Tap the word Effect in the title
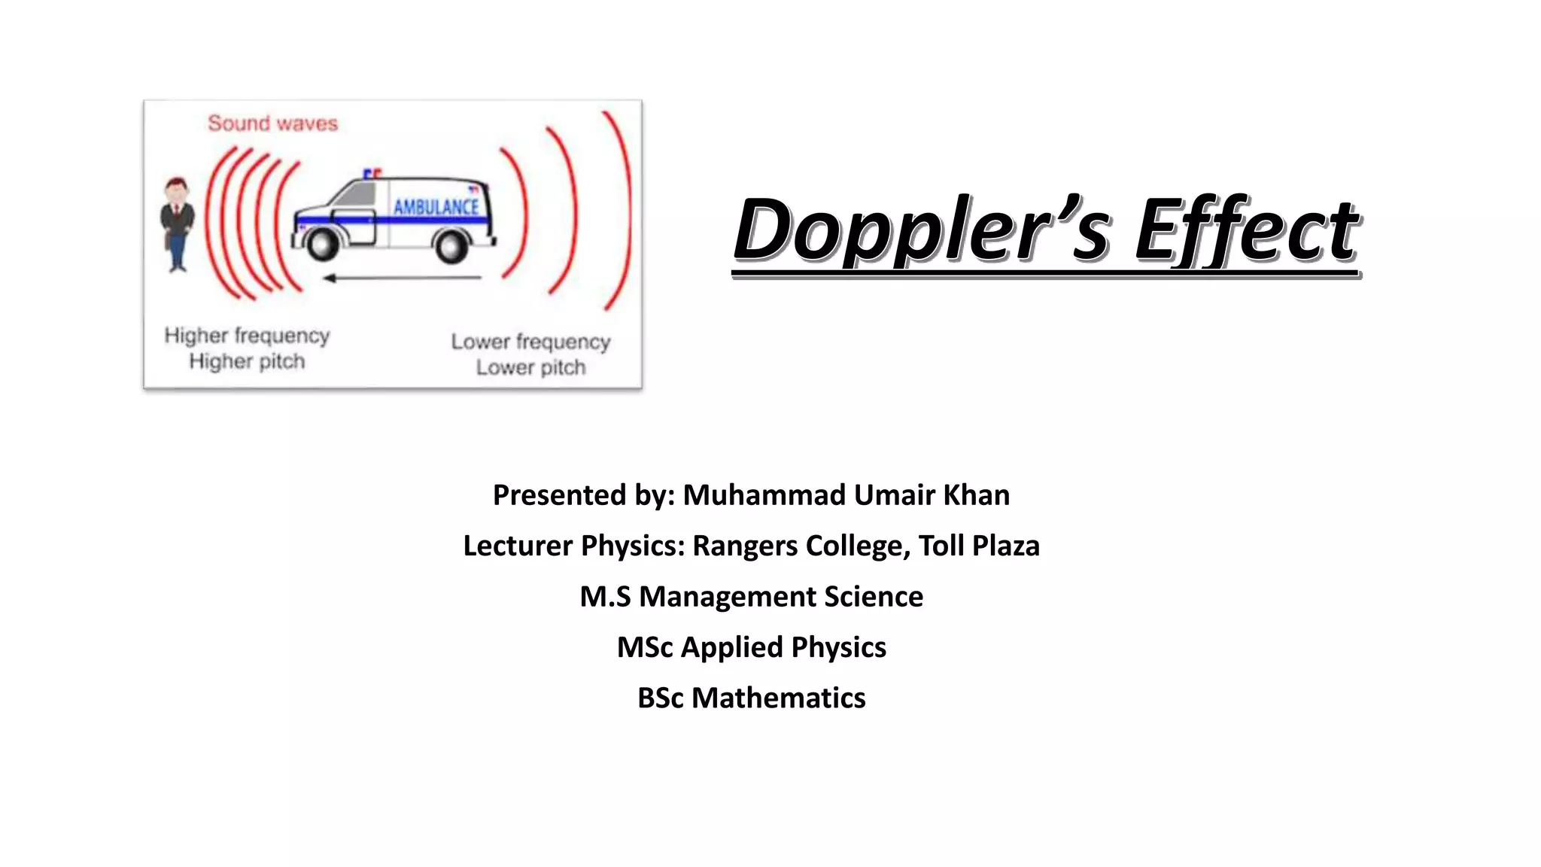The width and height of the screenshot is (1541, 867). [x=1246, y=230]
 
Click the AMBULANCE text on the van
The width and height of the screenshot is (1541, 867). [x=436, y=206]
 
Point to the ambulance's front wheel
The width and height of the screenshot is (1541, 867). [x=323, y=243]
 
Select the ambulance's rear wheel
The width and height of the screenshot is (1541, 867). [x=452, y=245]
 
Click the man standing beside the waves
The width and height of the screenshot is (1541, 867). [x=178, y=224]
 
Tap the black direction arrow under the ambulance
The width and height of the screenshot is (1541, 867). [x=403, y=278]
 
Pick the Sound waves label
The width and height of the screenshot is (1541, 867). [x=272, y=123]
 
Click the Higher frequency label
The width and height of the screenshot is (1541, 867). [x=247, y=335]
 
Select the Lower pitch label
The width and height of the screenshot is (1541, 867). [x=530, y=367]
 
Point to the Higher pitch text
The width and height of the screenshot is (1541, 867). [x=247, y=361]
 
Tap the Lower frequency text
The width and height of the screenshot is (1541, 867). [x=530, y=342]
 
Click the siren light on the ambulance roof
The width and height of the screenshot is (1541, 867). [x=372, y=174]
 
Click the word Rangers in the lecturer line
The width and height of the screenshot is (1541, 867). [x=745, y=546]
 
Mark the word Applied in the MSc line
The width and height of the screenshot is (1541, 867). [x=731, y=647]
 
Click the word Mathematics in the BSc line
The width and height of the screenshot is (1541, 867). [x=778, y=698]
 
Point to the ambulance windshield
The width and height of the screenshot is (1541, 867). [x=351, y=193]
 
